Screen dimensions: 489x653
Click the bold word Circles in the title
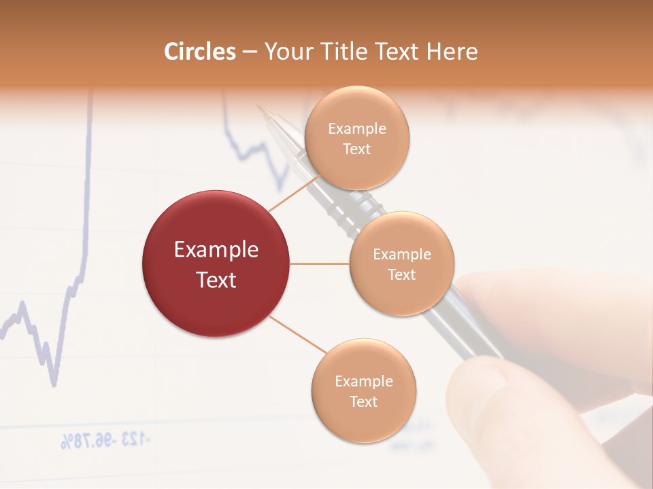(x=199, y=52)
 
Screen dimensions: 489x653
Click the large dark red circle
(x=216, y=264)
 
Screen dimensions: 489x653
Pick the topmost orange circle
(x=356, y=138)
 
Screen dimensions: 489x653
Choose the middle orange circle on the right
(x=401, y=264)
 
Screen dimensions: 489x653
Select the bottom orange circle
(x=363, y=391)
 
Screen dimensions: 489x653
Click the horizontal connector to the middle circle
(x=320, y=264)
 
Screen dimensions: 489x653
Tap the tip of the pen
(x=259, y=107)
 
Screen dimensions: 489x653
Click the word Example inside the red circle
(x=216, y=250)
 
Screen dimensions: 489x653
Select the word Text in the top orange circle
(x=356, y=149)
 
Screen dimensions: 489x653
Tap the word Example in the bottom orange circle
(x=363, y=381)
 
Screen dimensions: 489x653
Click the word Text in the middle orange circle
(x=401, y=274)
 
